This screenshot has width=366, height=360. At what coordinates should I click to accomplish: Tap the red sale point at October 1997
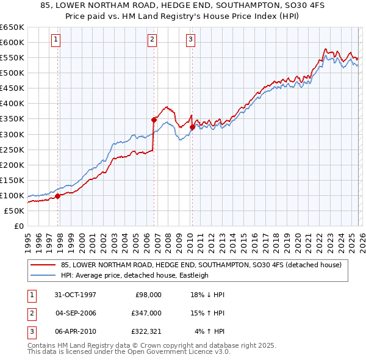click(58, 196)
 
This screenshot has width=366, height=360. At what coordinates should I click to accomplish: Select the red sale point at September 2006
click(154, 120)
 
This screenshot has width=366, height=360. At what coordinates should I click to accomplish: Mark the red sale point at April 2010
click(192, 127)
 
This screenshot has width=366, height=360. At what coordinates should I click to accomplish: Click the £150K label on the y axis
click(12, 180)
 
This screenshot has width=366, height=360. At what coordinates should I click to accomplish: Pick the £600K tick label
click(12, 42)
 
